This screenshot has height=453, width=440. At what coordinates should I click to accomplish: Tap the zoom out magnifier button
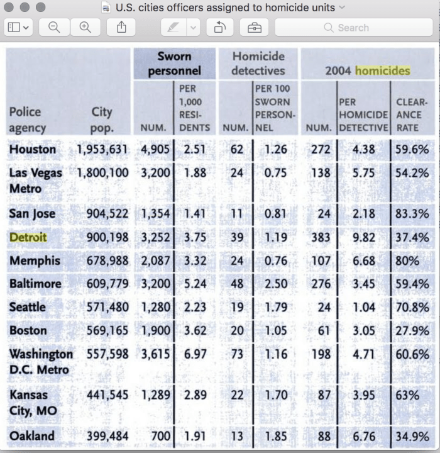(x=54, y=28)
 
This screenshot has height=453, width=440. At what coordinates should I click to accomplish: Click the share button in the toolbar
(x=121, y=28)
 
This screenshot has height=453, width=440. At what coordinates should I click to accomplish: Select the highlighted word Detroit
(x=28, y=237)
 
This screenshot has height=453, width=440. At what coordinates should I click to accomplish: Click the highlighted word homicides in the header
(x=382, y=70)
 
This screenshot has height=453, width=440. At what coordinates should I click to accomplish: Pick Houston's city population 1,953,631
(x=102, y=150)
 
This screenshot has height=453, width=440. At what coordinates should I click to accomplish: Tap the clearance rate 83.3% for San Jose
(x=412, y=214)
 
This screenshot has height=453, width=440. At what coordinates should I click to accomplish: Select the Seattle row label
(x=27, y=307)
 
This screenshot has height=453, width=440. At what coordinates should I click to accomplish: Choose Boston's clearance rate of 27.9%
(x=412, y=330)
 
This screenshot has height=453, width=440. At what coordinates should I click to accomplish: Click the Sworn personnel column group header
(x=175, y=64)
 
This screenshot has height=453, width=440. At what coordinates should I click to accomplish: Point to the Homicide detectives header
(x=258, y=64)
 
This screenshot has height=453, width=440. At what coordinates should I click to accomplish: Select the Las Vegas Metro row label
(x=35, y=181)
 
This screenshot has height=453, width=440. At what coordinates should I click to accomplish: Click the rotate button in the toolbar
(x=219, y=28)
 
